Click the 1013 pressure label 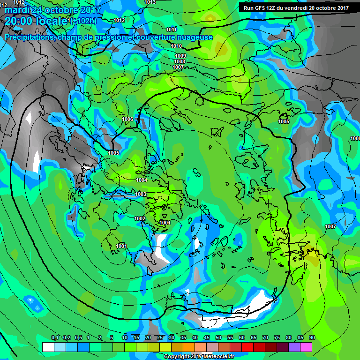[150, 2]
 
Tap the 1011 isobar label [172, 30]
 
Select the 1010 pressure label [176, 46]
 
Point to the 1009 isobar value [180, 56]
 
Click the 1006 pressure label [127, 119]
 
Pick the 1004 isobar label [142, 180]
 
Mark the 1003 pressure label [141, 194]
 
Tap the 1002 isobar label [140, 218]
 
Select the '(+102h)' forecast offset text [83, 21]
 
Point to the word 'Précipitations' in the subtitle [29, 37]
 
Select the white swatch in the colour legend [48, 347]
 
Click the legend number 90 [312, 338]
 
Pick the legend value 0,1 [54, 338]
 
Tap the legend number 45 [207, 338]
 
